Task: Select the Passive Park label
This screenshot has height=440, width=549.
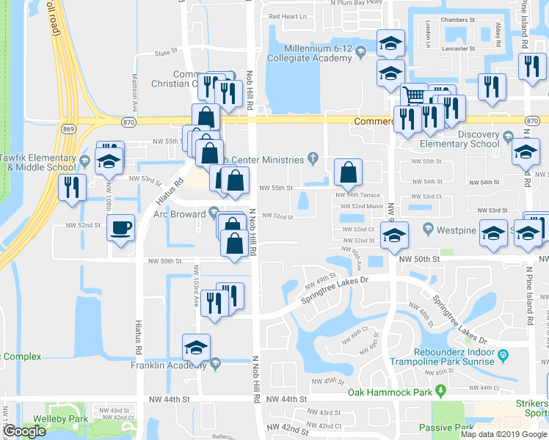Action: pos(446,428)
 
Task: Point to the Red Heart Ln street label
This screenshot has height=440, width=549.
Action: pos(288,16)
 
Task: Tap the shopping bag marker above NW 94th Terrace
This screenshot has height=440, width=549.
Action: pos(348,172)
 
